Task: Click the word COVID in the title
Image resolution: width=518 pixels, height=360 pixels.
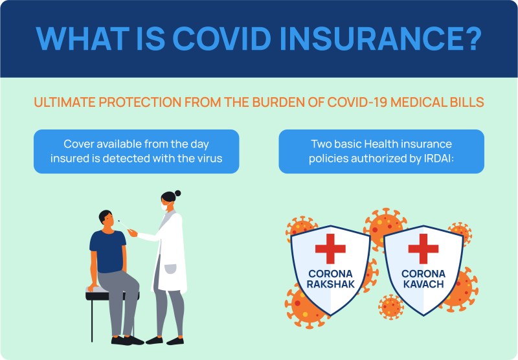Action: tap(221, 38)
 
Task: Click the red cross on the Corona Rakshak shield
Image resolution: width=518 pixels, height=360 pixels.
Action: tap(330, 249)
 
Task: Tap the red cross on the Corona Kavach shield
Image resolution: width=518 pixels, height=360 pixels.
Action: tap(423, 249)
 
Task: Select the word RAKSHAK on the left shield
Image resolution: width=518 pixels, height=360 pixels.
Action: tap(330, 284)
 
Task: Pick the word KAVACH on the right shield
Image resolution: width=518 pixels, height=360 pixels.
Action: tap(423, 284)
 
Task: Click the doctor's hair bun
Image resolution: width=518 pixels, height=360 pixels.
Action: tap(177, 193)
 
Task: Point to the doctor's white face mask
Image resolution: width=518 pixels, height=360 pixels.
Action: tap(164, 207)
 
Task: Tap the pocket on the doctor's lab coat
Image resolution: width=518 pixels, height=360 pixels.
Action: tap(170, 269)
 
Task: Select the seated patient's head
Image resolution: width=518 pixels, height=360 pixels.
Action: tap(106, 219)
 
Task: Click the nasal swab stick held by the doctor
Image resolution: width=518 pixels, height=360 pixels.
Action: tap(124, 225)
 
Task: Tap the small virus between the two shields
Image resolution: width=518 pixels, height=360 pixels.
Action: tap(391, 307)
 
